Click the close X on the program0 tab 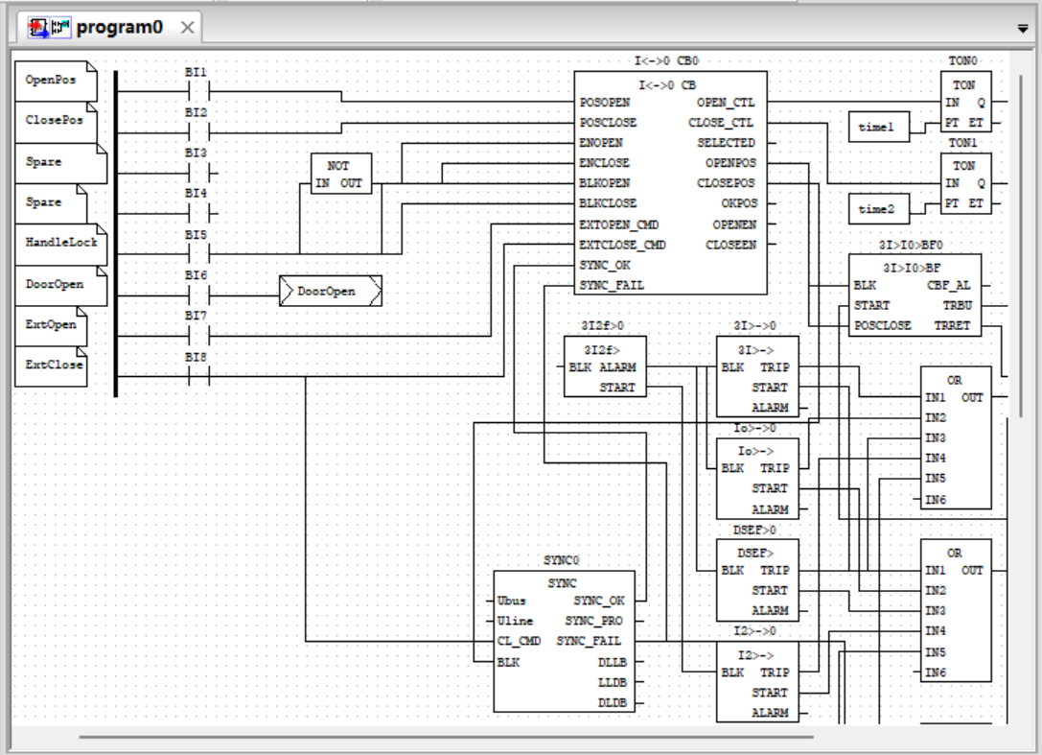187,28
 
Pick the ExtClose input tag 54,366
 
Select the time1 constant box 877,127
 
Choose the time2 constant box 877,208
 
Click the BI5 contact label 196,234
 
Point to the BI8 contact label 196,357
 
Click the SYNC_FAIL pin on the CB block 612,285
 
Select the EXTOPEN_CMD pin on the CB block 622,224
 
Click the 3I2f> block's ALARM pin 617,367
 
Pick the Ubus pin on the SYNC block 512,601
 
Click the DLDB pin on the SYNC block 612,701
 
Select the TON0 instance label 962,60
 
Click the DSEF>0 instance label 755,529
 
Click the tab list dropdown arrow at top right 1023,29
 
